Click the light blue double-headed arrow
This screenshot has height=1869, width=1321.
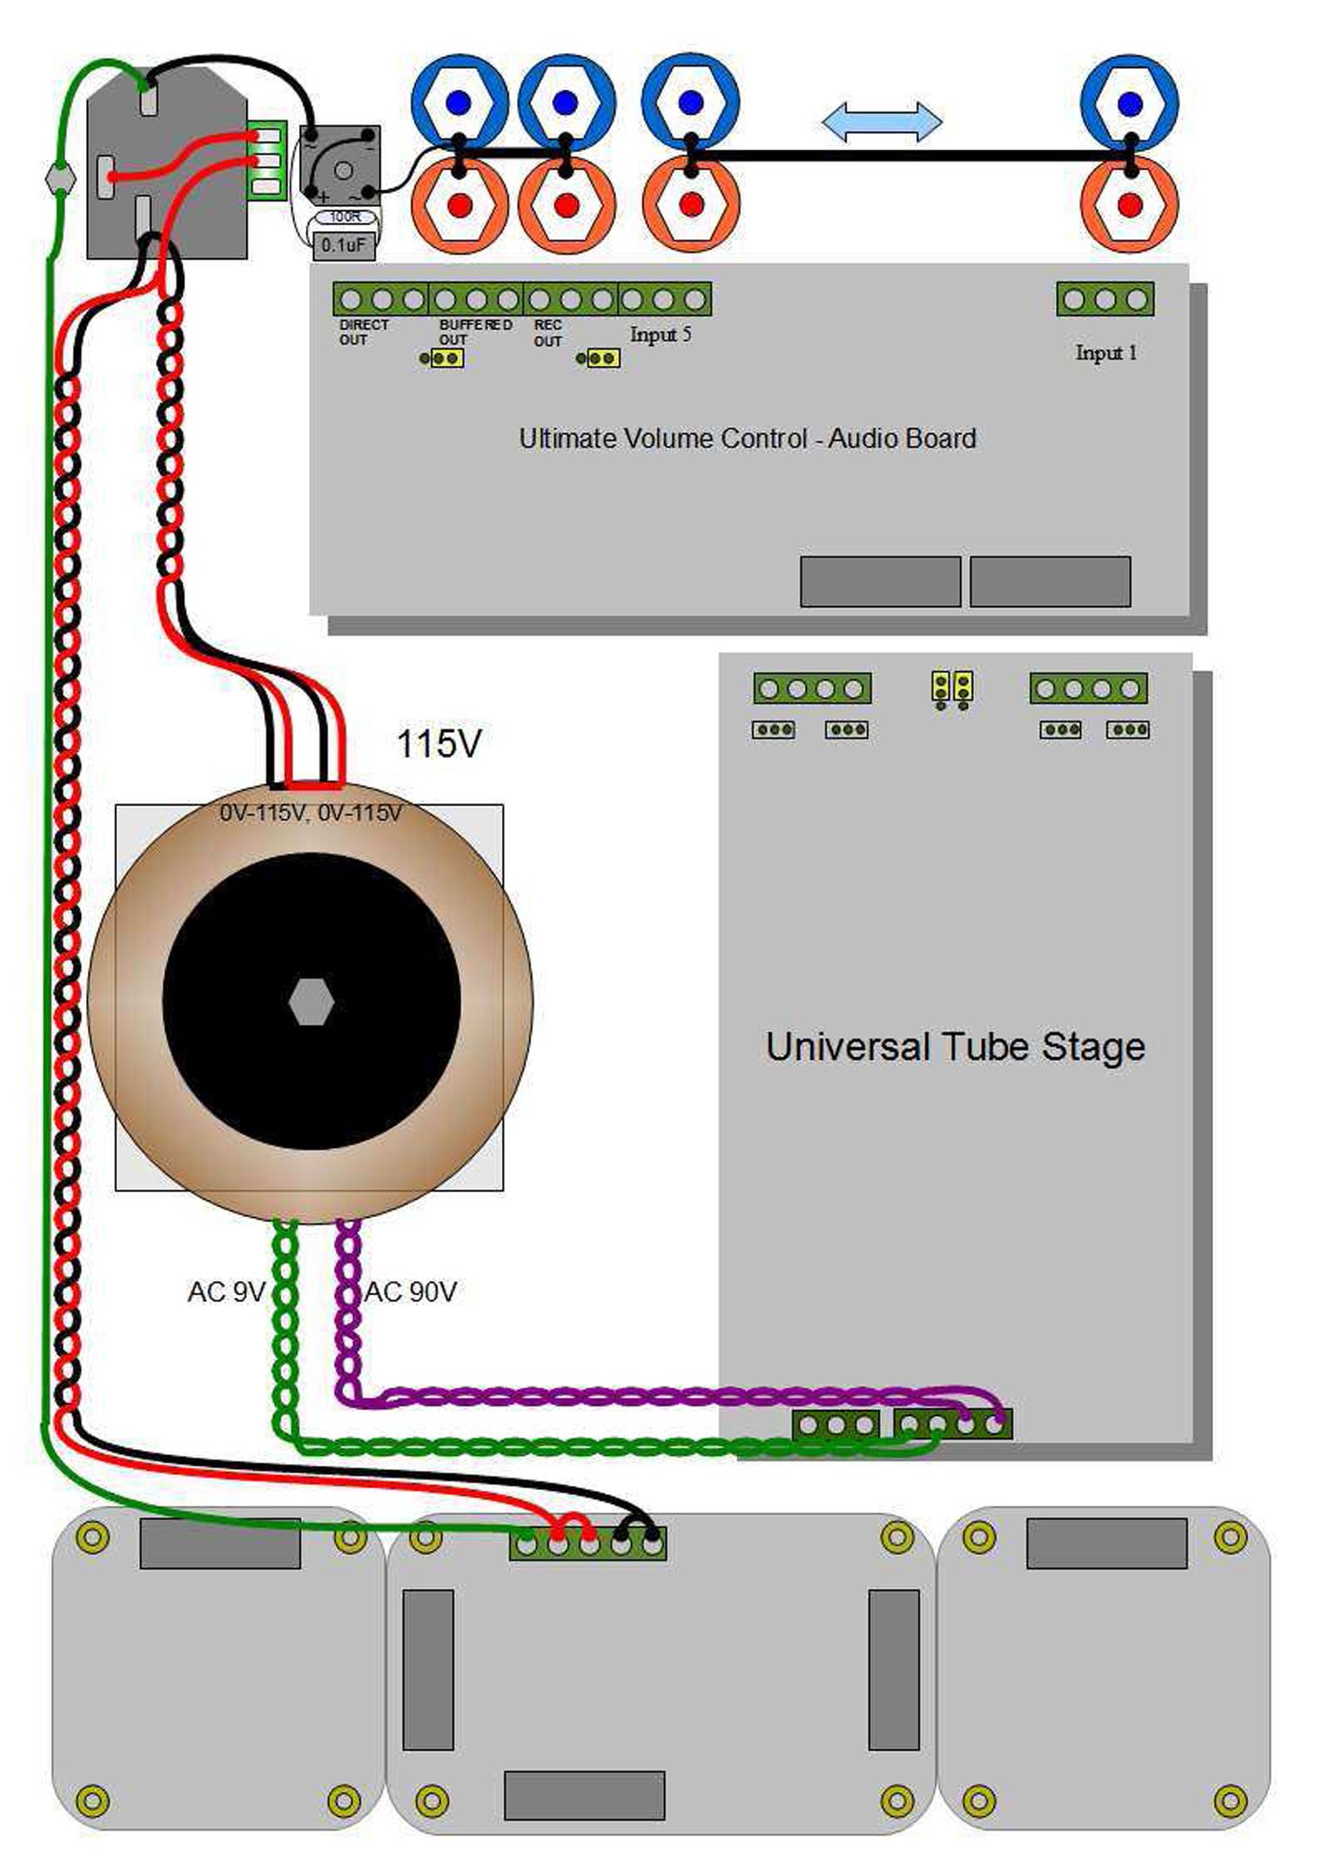pos(881,121)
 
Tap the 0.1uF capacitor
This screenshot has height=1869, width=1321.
pos(343,245)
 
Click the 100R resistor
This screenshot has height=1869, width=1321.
pos(345,216)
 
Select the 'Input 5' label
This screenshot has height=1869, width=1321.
pos(660,335)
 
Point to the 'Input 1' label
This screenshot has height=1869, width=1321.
pos(1105,353)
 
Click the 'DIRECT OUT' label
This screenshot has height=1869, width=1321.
pos(363,332)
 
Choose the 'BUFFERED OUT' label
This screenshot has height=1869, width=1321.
pos(475,332)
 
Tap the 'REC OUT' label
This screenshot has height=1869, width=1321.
pos(548,333)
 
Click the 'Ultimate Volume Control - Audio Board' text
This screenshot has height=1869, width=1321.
pos(747,438)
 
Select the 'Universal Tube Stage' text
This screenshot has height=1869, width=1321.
pos(955,1047)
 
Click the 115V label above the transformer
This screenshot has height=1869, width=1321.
pos(438,744)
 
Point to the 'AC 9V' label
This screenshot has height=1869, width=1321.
pos(226,1292)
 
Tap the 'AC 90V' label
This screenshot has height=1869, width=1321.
pos(410,1292)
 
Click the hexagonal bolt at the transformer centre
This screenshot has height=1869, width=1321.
pos(311,1001)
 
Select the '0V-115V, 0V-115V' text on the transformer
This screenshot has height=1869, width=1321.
pos(310,813)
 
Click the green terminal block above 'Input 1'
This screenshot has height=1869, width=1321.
pos(1105,300)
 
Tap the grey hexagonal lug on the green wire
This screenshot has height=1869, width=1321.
pos(59,178)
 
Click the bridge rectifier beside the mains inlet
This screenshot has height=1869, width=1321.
pos(340,165)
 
